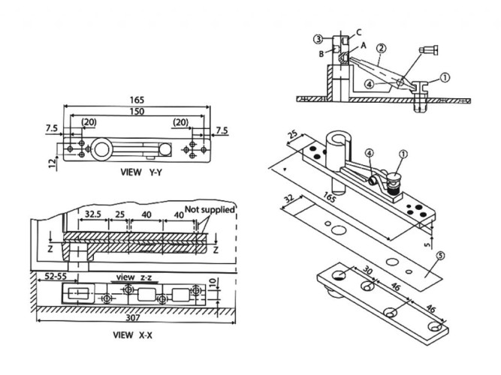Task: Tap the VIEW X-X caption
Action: (x=132, y=334)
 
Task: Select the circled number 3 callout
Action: (x=318, y=38)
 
